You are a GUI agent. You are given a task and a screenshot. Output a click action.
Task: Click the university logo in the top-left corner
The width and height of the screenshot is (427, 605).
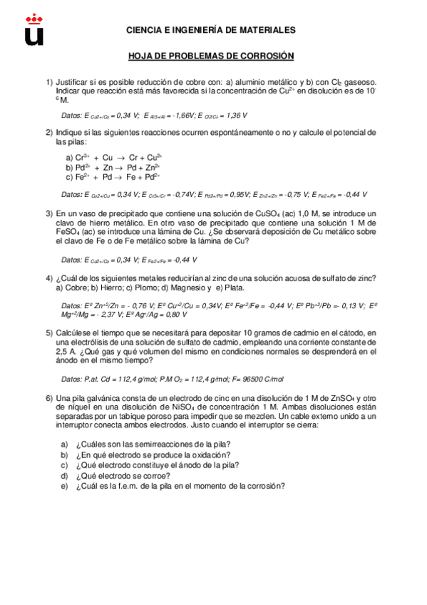(34, 29)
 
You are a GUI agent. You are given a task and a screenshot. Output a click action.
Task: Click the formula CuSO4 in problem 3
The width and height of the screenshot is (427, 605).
(255, 214)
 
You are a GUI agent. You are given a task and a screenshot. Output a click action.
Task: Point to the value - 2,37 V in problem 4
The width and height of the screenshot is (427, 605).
(108, 314)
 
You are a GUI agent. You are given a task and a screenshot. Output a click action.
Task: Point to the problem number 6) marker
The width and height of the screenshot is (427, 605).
(50, 398)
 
